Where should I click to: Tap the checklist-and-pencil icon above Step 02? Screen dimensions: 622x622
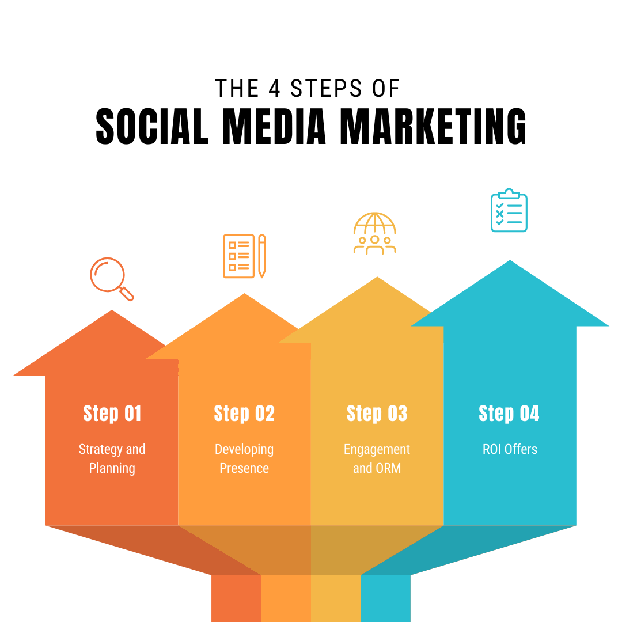pos(244,256)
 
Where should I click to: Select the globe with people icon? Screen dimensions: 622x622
pos(375,233)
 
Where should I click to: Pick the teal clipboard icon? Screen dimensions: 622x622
pos(509,210)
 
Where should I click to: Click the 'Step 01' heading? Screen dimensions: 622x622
pos(112,414)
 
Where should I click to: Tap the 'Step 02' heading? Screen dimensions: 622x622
pos(244,414)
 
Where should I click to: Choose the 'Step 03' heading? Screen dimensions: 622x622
pos(377,414)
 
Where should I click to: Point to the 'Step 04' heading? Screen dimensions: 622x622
pos(509,414)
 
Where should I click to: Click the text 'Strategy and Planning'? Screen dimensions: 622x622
pos(112,458)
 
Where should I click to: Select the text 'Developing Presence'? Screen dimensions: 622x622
pos(244,458)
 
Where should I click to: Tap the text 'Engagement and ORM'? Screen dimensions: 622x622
pos(377,458)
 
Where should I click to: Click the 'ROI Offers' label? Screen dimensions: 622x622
pos(510,449)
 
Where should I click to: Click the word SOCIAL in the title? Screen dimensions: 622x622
pos(152,126)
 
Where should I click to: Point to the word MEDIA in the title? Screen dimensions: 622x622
pos(274,126)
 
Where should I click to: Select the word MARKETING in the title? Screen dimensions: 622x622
pos(433,126)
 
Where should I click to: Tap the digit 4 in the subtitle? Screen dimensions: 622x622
pos(275,88)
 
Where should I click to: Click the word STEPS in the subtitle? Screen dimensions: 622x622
pos(326,88)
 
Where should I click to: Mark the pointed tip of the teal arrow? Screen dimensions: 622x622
pos(510,261)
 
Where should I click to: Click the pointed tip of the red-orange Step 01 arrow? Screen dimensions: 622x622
pos(112,310)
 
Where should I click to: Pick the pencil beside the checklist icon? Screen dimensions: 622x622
pos(262,256)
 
